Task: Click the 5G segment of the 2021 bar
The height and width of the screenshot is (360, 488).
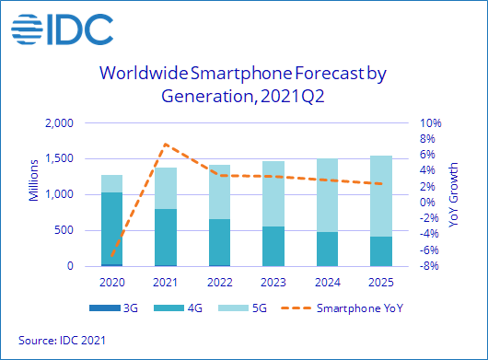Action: [x=165, y=188]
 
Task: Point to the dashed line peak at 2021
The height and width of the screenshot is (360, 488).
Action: [x=165, y=144]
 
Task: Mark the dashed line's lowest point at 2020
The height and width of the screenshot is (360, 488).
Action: [x=112, y=258]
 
